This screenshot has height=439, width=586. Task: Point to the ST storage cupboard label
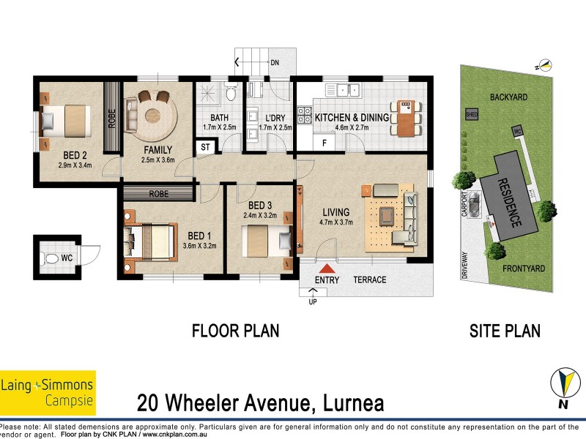205,147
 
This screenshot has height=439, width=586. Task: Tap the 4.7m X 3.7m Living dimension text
338,223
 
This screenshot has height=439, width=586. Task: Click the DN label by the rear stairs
275,64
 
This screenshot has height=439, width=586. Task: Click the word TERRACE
369,280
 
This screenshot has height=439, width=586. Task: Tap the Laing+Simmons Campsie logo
48,392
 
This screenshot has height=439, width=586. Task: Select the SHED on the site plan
471,114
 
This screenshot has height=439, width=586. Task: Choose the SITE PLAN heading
505,331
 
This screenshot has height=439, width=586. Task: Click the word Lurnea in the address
347,403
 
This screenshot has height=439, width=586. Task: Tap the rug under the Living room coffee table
386,215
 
